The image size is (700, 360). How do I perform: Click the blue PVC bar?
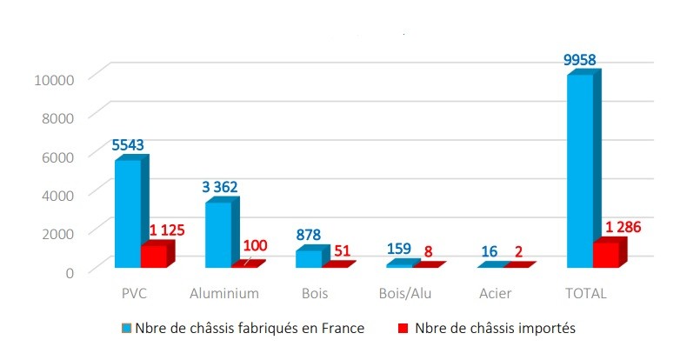pyautogui.click(x=127, y=213)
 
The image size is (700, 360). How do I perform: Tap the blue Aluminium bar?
pyautogui.click(x=217, y=234)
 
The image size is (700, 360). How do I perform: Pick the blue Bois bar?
pyautogui.click(x=308, y=258)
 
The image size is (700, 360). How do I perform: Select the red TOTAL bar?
pyautogui.click(x=605, y=254)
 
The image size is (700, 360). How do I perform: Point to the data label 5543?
pyautogui.click(x=130, y=143)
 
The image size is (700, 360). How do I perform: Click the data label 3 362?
pyautogui.click(x=219, y=186)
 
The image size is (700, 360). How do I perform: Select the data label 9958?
pyautogui.click(x=579, y=60)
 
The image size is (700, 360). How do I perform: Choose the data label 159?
pyautogui.click(x=398, y=250)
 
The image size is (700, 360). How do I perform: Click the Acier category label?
pyautogui.click(x=495, y=293)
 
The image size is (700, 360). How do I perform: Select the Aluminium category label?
pyautogui.click(x=224, y=293)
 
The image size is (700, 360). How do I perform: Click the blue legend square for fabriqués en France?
pyautogui.click(x=128, y=329)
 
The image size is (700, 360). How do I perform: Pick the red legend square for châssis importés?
pyautogui.click(x=403, y=329)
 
